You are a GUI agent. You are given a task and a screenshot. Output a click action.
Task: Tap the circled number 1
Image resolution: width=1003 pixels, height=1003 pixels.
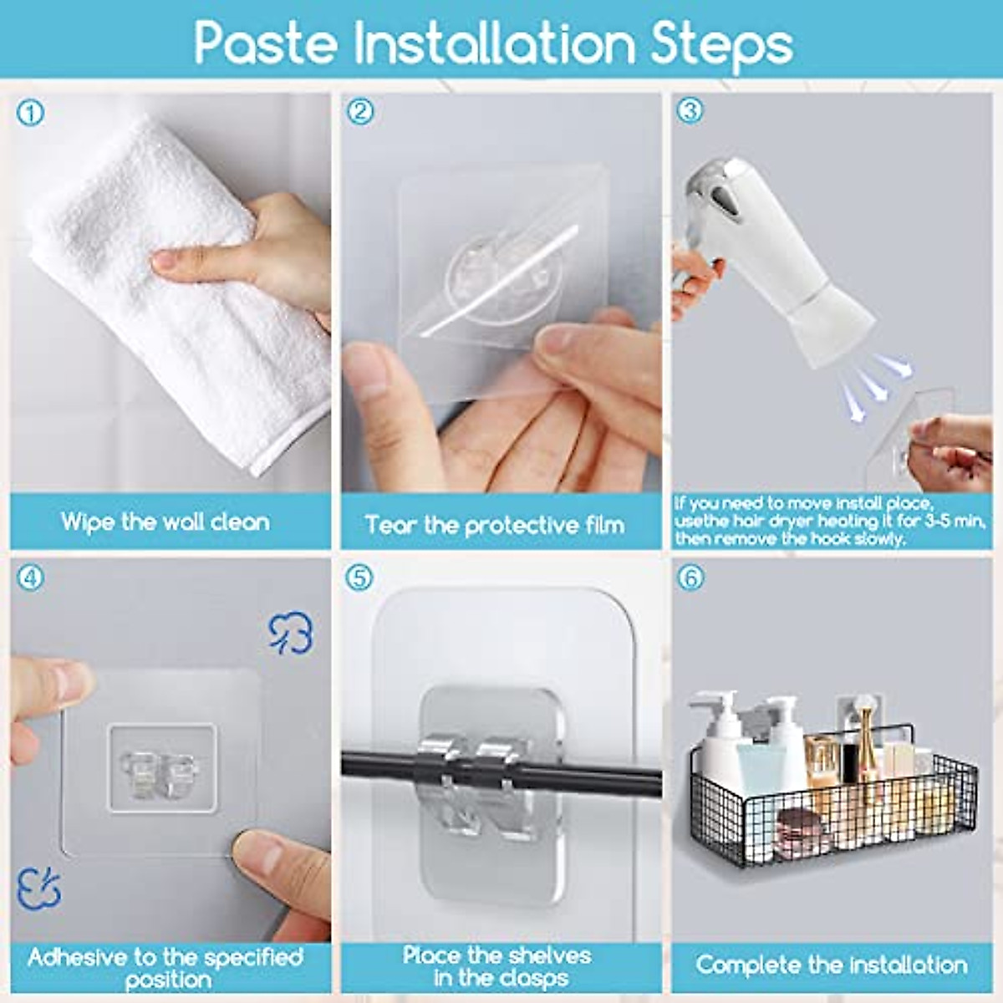pyautogui.click(x=30, y=114)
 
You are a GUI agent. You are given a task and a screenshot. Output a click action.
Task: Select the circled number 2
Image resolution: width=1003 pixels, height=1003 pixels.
pyautogui.click(x=360, y=111)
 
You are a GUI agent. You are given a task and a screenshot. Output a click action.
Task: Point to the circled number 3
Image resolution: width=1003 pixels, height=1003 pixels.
pyautogui.click(x=690, y=110)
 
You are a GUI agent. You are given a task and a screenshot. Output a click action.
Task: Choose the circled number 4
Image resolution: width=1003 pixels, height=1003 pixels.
pyautogui.click(x=30, y=577)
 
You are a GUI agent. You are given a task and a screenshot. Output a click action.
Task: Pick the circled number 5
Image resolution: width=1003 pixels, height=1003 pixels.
pyautogui.click(x=360, y=577)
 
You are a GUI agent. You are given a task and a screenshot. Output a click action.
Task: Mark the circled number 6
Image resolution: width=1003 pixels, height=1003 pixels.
pyautogui.click(x=690, y=577)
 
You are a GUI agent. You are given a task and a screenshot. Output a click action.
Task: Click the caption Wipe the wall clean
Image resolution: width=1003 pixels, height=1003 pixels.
pyautogui.click(x=165, y=522)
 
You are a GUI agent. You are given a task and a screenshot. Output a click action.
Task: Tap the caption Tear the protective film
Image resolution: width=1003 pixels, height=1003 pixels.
pyautogui.click(x=495, y=525)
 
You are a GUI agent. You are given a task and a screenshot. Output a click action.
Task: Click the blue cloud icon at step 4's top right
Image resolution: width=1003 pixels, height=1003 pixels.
pyautogui.click(x=291, y=633)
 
